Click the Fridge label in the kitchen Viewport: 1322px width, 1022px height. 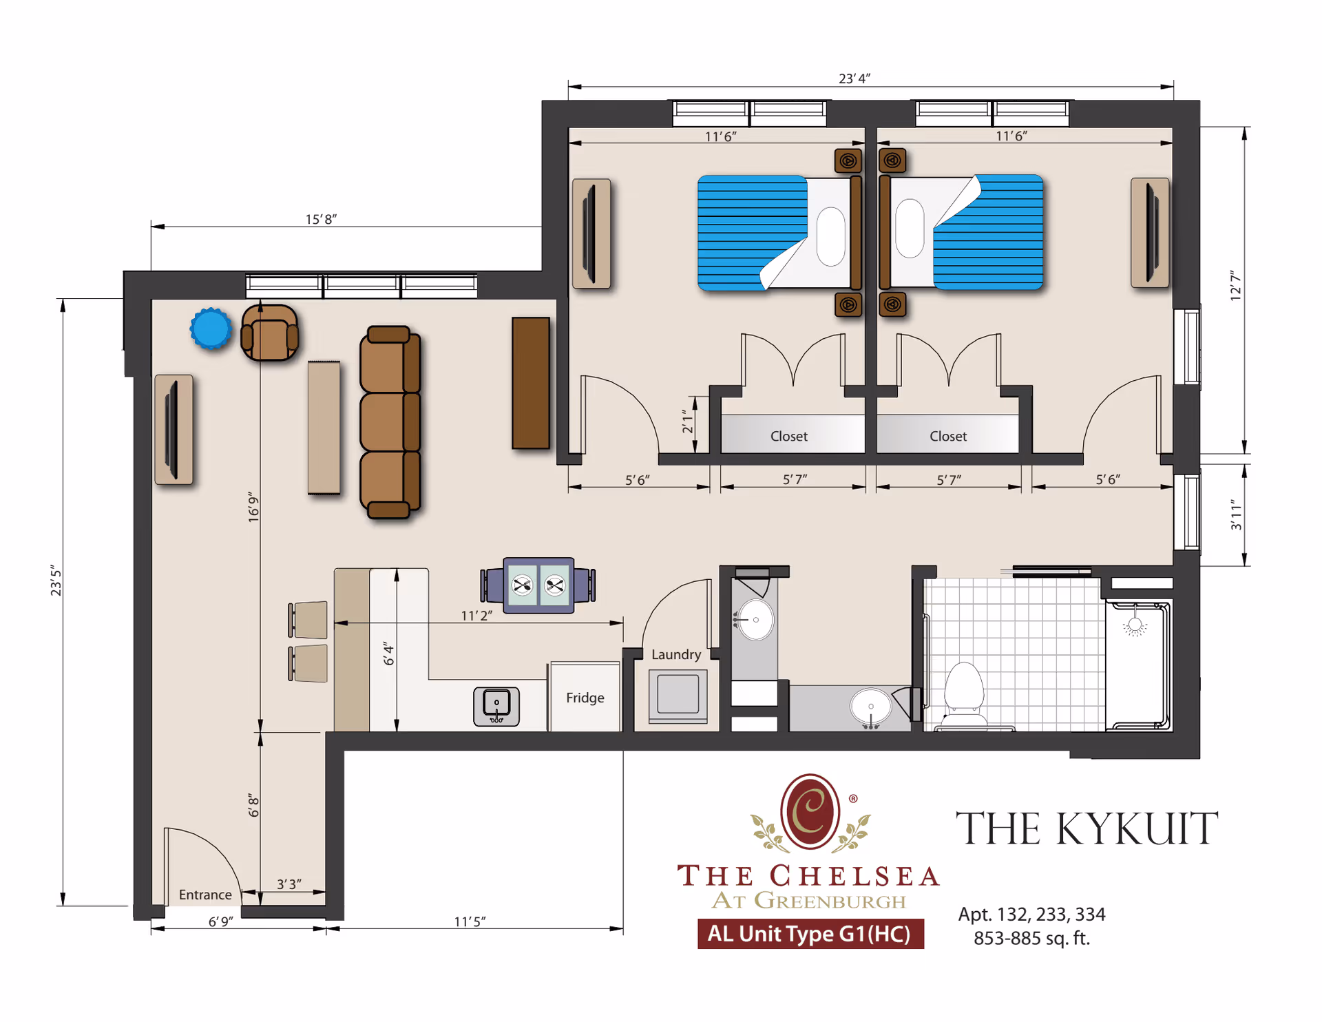[x=585, y=698]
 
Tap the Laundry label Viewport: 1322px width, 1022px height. [x=675, y=654]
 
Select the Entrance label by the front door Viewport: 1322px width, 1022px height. [x=204, y=894]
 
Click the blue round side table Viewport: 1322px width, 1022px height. [x=211, y=328]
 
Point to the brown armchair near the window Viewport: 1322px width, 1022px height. [x=269, y=333]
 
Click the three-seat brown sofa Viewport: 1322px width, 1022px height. [x=390, y=421]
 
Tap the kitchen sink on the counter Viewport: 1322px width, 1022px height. [x=496, y=706]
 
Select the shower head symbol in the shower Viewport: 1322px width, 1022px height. [x=1135, y=626]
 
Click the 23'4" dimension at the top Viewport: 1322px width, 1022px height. [x=854, y=79]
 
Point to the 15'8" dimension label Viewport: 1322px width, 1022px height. [x=321, y=219]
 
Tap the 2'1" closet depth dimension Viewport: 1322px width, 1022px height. [x=687, y=421]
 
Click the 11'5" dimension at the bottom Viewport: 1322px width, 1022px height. [x=470, y=921]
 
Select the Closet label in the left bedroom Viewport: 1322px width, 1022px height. [x=788, y=436]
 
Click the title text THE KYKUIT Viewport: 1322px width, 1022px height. [x=1087, y=828]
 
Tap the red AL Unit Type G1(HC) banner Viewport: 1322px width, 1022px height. [x=810, y=934]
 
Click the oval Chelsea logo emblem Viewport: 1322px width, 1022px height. [x=810, y=811]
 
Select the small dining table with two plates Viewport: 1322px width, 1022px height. [x=538, y=585]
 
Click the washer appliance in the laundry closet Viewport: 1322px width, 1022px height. [x=678, y=695]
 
